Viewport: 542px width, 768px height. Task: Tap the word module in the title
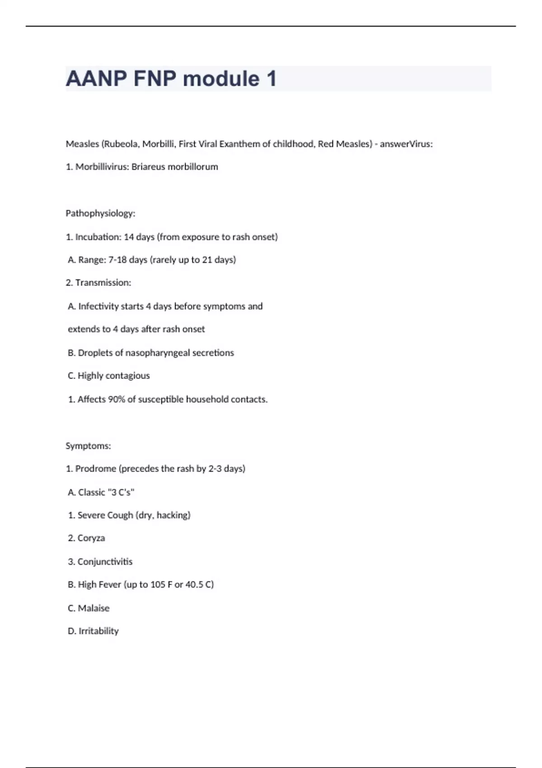[221, 79]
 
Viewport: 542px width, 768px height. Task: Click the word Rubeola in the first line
[121, 144]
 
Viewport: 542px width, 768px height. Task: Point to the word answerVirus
[406, 144]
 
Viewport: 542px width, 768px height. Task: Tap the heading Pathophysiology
[100, 213]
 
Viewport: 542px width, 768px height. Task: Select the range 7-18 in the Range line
[117, 260]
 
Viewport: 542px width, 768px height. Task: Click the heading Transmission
[103, 283]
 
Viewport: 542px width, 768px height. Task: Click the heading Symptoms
[88, 446]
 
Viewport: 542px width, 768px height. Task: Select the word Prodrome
[96, 468]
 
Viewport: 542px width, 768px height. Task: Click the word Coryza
[91, 538]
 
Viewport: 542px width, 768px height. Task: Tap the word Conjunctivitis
[105, 562]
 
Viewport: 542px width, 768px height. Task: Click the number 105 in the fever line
[158, 585]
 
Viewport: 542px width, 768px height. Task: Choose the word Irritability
[98, 631]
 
